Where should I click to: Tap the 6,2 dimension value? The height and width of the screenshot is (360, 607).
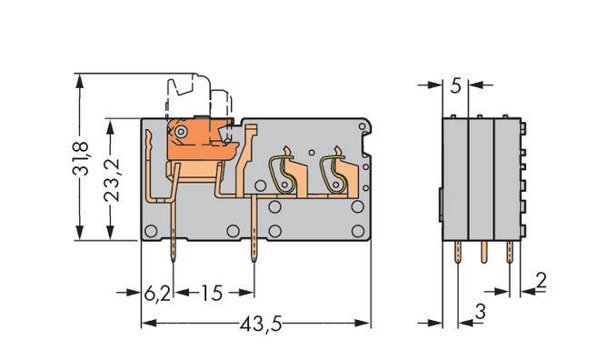(x=157, y=293)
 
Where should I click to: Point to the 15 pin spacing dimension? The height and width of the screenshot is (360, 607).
(x=212, y=293)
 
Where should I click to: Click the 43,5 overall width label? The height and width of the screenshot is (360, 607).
(x=256, y=323)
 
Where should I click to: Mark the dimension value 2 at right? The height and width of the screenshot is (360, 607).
(x=541, y=281)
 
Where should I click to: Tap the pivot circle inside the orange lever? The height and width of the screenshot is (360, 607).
(x=182, y=132)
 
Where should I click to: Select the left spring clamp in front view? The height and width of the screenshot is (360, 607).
(x=284, y=171)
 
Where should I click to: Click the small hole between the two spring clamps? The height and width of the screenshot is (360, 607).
(x=311, y=152)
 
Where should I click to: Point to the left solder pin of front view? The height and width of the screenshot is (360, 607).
(x=174, y=255)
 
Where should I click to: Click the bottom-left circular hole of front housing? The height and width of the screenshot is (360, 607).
(x=152, y=231)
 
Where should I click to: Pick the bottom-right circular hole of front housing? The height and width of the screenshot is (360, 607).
(x=357, y=231)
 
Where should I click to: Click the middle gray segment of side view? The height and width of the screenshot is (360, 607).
(x=481, y=177)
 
